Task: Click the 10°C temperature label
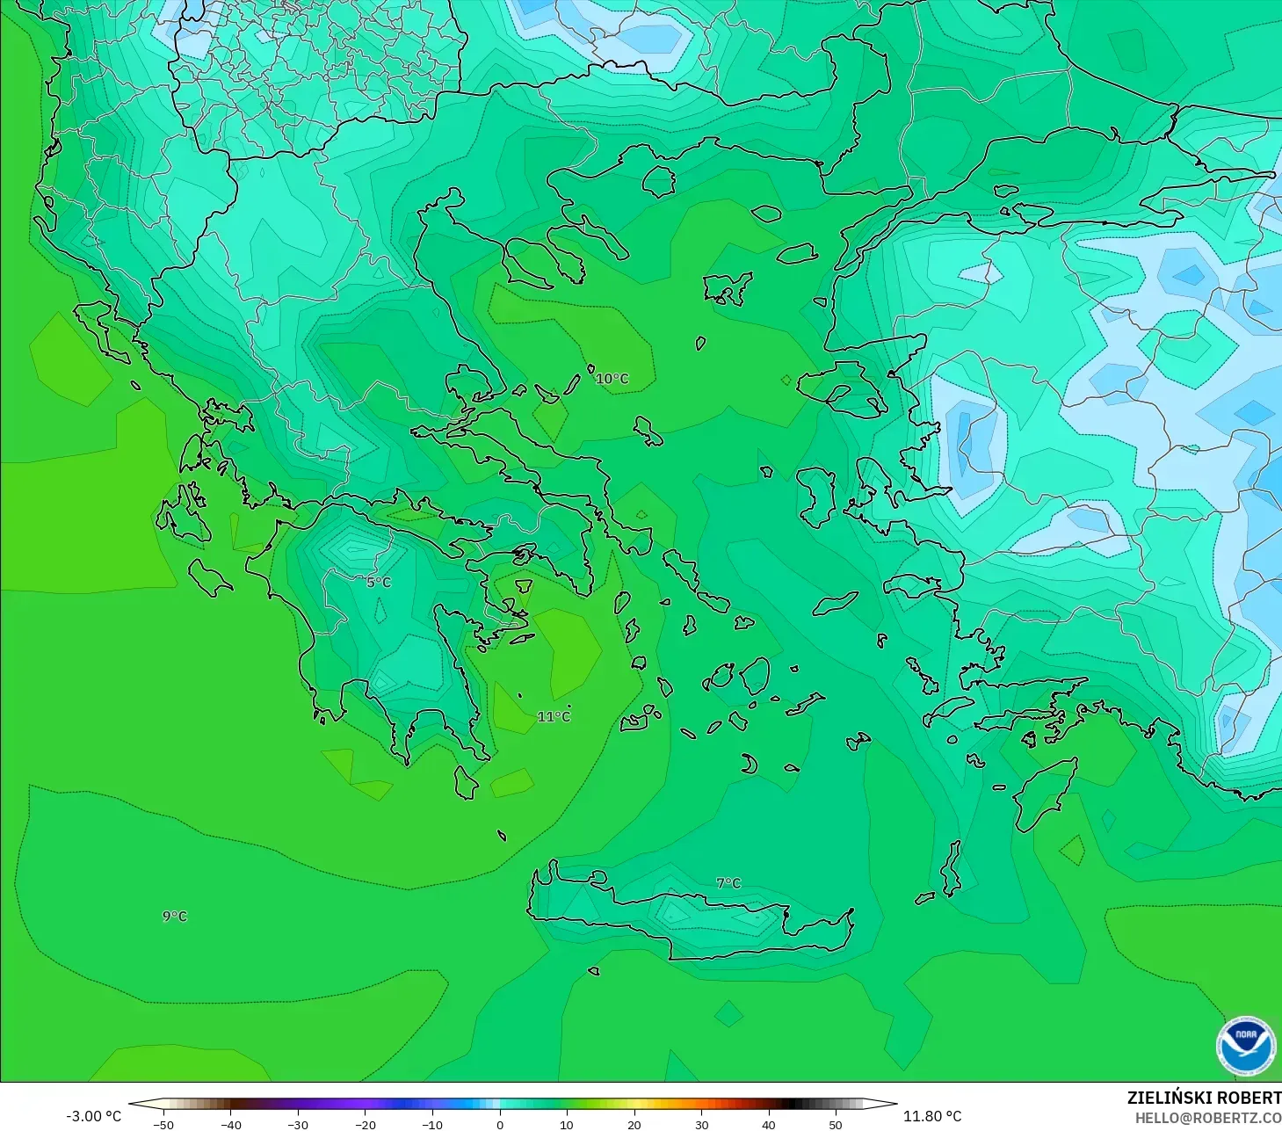(x=612, y=379)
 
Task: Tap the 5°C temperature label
(x=379, y=583)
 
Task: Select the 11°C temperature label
(x=554, y=717)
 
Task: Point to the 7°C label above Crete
(x=728, y=883)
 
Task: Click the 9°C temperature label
(x=175, y=917)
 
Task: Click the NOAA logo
(x=1246, y=1045)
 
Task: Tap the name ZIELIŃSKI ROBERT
(x=1204, y=1098)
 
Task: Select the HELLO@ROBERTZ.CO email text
(x=1207, y=1118)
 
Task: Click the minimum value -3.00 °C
(x=94, y=1116)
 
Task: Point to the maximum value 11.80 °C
(x=932, y=1116)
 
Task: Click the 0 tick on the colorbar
(x=500, y=1124)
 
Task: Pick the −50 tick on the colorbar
(x=163, y=1124)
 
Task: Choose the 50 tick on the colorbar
(x=836, y=1124)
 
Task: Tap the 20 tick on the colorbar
(x=634, y=1124)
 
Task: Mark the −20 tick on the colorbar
(x=366, y=1124)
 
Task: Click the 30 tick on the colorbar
(x=701, y=1124)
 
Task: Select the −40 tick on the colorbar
(x=231, y=1124)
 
